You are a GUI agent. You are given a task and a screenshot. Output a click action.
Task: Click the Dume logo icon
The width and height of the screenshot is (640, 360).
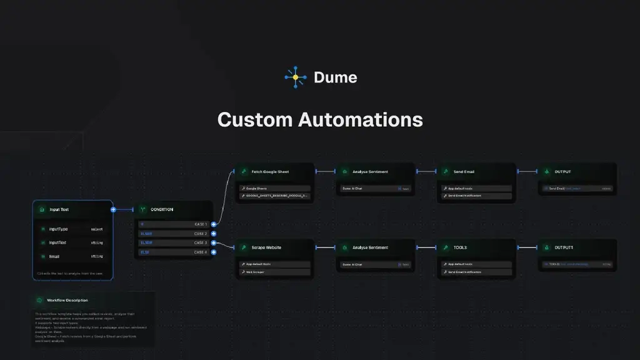(296, 77)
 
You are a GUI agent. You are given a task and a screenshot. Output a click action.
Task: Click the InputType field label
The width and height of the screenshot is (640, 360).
(58, 229)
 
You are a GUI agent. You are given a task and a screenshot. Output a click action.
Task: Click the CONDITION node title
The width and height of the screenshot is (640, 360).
(162, 210)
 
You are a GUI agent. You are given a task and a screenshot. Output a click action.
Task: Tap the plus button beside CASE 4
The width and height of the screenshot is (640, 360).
(214, 252)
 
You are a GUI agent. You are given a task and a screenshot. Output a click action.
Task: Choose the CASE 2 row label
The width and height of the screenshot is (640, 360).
(200, 233)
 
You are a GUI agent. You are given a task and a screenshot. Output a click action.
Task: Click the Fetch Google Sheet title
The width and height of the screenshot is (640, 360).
(270, 172)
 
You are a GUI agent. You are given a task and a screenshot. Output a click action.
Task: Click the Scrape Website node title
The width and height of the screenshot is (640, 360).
(266, 247)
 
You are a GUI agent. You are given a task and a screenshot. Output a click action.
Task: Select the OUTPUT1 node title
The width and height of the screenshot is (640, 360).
(564, 247)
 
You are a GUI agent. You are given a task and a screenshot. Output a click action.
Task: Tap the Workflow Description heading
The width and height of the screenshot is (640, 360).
(67, 301)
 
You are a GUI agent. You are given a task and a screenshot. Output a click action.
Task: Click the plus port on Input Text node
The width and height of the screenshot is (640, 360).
(113, 210)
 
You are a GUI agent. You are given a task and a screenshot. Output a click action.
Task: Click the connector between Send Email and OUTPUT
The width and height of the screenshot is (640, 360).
(527, 172)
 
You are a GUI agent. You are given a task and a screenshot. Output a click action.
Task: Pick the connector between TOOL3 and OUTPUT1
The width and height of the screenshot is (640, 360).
(527, 247)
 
